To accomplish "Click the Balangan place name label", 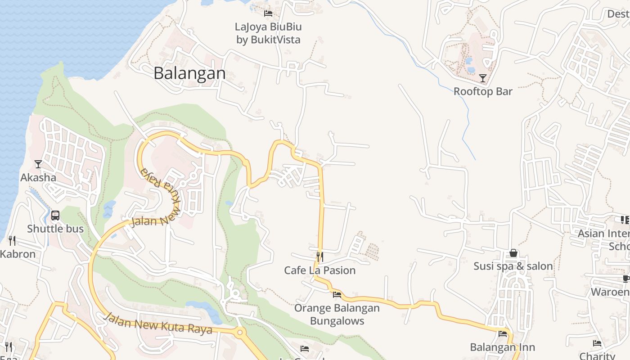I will (x=189, y=73).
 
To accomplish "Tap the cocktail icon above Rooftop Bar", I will (x=483, y=78).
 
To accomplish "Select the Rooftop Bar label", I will (x=483, y=91).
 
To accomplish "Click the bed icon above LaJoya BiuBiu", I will (x=268, y=13).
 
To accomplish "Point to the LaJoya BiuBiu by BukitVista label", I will (x=268, y=33).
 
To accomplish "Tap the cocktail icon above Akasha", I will (x=38, y=164).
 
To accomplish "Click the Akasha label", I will (x=38, y=177).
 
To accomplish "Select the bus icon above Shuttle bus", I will (x=55, y=216).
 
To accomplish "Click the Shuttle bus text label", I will (x=55, y=229).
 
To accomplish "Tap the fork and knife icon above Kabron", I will (x=12, y=241).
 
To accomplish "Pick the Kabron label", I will (x=18, y=254).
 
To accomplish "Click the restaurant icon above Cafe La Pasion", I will (x=320, y=257).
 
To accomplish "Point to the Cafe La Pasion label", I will (x=320, y=270).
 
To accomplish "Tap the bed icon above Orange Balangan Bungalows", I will (x=337, y=295).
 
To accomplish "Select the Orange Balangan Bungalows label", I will (x=337, y=315).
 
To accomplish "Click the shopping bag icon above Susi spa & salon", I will (x=513, y=253).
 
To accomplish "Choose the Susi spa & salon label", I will (x=513, y=266).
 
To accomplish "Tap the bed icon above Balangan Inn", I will (x=503, y=334).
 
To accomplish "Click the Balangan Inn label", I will (x=503, y=347).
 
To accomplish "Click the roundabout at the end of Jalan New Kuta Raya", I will (x=239, y=333).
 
